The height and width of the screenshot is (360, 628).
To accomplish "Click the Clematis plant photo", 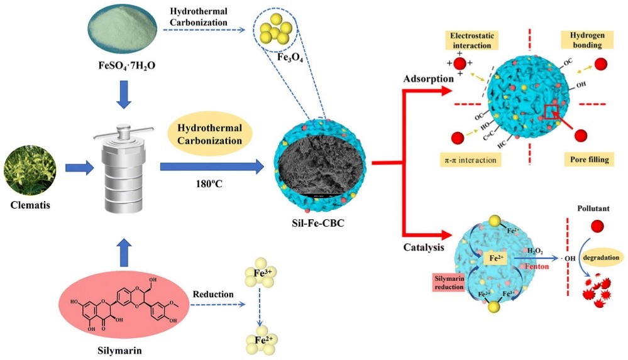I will point(30,168).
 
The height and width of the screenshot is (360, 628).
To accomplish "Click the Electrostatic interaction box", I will point(473,41).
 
